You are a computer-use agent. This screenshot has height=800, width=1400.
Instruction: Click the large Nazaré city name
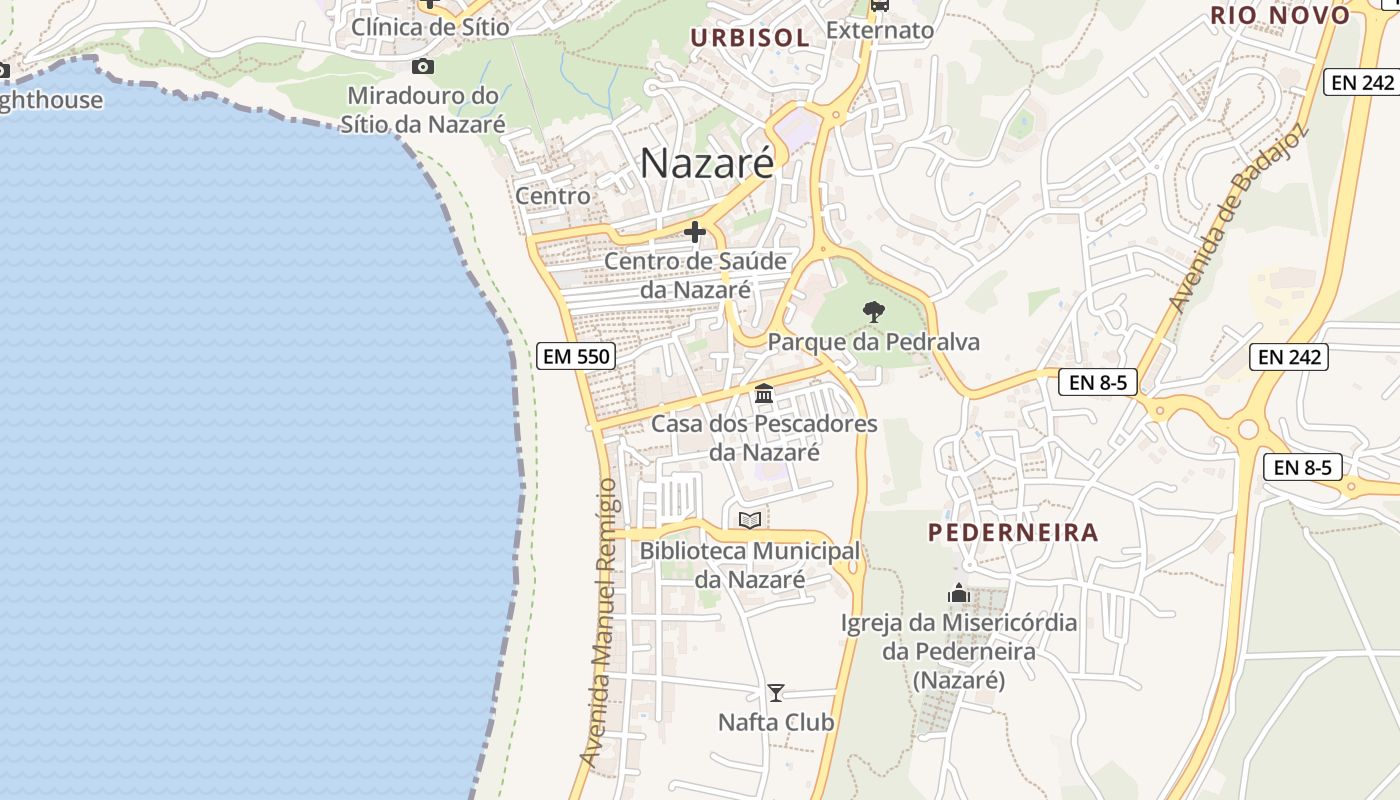coord(707,163)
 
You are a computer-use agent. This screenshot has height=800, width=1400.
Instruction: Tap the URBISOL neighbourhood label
coord(750,38)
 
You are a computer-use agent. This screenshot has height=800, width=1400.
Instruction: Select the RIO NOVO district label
coord(1281,15)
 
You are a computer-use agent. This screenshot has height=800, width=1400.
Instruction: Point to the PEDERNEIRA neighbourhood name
coord(1013,532)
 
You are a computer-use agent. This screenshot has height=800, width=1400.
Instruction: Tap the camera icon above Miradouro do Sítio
coord(423,67)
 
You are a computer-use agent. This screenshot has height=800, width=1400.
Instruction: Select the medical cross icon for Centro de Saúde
coord(695,233)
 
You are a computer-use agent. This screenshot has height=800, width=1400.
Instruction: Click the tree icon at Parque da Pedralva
coord(873,312)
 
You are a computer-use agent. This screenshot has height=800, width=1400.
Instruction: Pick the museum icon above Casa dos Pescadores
coord(765,394)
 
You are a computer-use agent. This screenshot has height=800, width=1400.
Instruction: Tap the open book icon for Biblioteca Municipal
coord(750,520)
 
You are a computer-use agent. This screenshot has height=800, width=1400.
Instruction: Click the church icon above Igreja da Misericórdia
coord(959,594)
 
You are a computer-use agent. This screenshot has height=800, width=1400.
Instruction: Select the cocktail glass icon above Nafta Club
coord(775,692)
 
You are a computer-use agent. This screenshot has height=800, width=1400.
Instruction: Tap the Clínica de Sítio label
coord(430,27)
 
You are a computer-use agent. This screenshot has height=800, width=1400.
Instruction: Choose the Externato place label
coord(880,31)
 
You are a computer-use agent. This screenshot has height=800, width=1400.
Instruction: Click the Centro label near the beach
coord(552,196)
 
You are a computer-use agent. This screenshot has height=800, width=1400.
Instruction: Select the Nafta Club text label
coord(776,722)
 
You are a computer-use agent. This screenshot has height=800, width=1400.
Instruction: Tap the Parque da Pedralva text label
coord(873,342)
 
